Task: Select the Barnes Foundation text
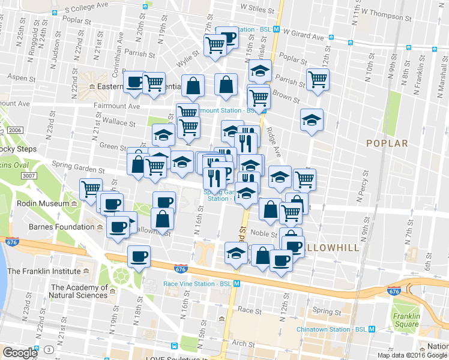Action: point(62,227)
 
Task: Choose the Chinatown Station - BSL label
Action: point(331,329)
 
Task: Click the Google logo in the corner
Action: point(20,353)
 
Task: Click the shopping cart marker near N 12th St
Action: point(317,79)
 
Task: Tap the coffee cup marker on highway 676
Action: point(139,256)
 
